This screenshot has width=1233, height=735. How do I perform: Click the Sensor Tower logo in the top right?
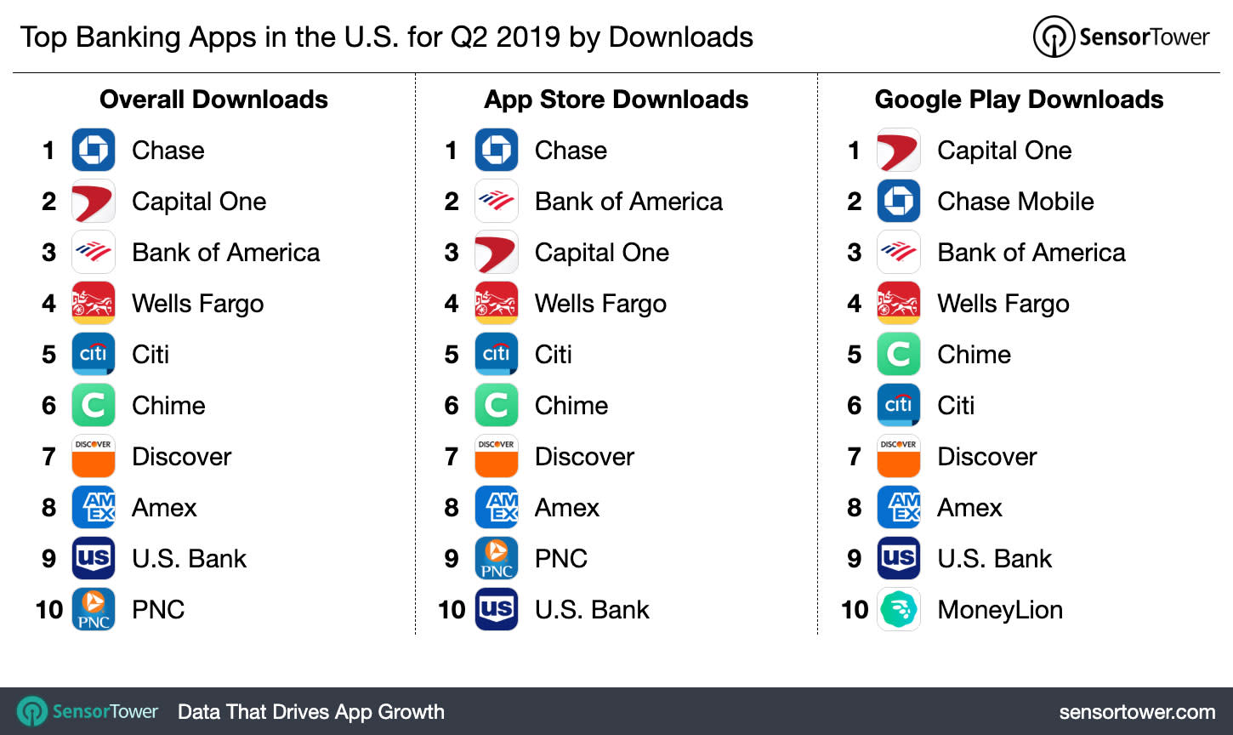coord(1121,37)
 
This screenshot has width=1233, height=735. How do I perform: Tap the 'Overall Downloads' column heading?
coord(213,100)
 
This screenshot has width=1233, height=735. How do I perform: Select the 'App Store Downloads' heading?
coord(616,100)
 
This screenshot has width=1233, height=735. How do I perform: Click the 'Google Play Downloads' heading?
coord(1019,100)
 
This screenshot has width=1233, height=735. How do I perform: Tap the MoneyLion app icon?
coord(898,609)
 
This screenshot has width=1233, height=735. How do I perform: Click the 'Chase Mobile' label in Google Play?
coord(1015,202)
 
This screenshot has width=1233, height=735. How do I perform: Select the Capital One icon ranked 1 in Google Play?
coord(898,151)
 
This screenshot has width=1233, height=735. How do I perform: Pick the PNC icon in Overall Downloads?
coord(94,609)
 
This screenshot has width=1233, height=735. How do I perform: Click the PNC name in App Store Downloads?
coord(561,559)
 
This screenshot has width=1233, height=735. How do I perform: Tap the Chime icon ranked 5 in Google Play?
coord(898,355)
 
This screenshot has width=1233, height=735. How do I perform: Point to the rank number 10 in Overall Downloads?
coord(49,610)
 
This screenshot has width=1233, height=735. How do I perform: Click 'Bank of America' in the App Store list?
coord(628,202)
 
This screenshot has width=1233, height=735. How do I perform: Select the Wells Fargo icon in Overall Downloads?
coord(94,303)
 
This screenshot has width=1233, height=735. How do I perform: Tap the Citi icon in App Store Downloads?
coord(496,354)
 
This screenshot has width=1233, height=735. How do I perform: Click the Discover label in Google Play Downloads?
coord(986,457)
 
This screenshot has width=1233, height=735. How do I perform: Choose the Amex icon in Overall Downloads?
coord(94,507)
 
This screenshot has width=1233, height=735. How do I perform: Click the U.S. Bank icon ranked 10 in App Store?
coord(496,609)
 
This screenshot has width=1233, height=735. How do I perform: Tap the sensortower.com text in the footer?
coord(1137,712)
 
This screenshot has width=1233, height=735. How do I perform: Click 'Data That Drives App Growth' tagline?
coord(310,712)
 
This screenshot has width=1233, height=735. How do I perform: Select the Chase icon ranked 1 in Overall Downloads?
coord(94,151)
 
